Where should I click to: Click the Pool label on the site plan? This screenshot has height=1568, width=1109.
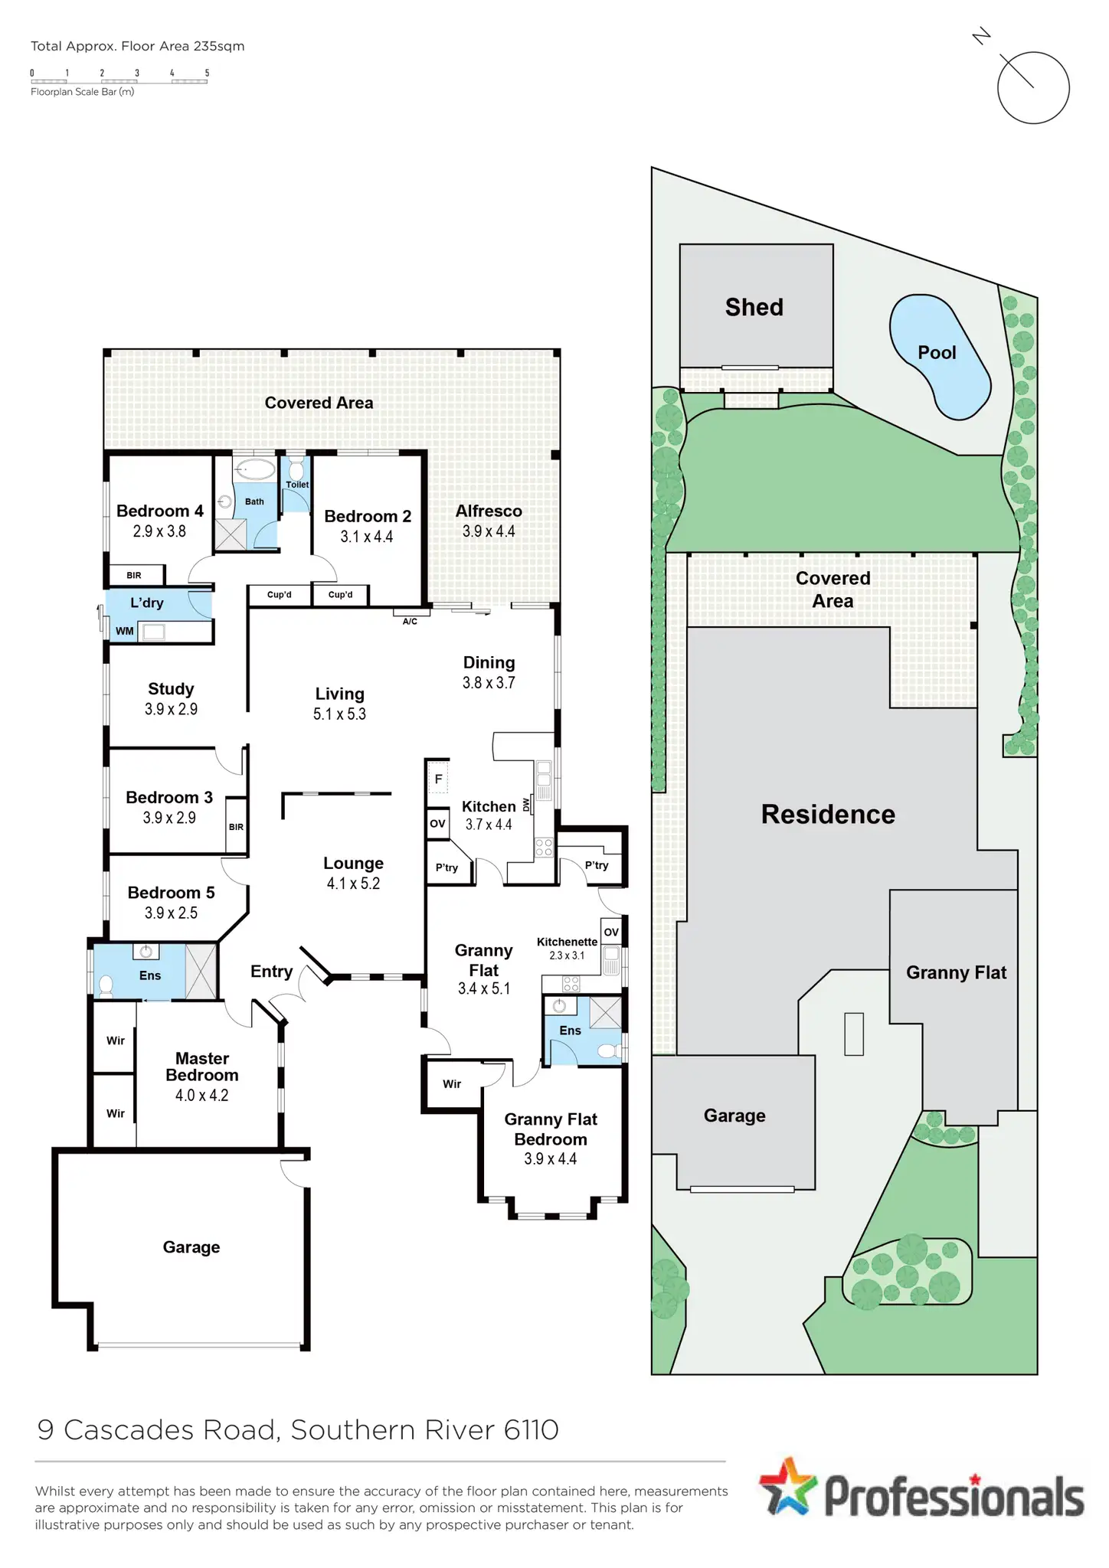pyautogui.click(x=937, y=353)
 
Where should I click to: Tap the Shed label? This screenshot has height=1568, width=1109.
pyautogui.click(x=754, y=308)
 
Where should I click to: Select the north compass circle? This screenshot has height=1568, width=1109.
pyautogui.click(x=1033, y=87)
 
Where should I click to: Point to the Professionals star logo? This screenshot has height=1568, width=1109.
pyautogui.click(x=788, y=1487)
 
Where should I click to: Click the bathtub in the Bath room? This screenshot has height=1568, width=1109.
pyautogui.click(x=255, y=469)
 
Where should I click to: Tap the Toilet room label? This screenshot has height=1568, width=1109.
pyautogui.click(x=297, y=485)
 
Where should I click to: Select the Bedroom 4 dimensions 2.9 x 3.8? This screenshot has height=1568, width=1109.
pyautogui.click(x=159, y=531)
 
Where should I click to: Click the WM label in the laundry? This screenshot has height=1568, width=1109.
pyautogui.click(x=124, y=632)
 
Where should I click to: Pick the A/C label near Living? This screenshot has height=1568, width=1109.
pyautogui.click(x=410, y=622)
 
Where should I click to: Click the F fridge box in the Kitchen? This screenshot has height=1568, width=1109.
pyautogui.click(x=438, y=779)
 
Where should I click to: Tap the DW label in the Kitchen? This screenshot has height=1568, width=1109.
pyautogui.click(x=526, y=805)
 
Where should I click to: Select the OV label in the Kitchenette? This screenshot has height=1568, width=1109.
pyautogui.click(x=611, y=932)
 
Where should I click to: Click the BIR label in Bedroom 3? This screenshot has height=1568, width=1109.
pyautogui.click(x=236, y=827)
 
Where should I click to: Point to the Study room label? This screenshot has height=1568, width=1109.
pyautogui.click(x=171, y=689)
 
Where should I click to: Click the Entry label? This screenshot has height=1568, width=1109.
pyautogui.click(x=271, y=972)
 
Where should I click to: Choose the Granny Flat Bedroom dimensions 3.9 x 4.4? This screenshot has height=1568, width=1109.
pyautogui.click(x=550, y=1159)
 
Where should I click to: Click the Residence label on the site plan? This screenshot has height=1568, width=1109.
pyautogui.click(x=828, y=815)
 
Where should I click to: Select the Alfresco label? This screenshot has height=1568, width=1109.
pyautogui.click(x=489, y=511)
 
